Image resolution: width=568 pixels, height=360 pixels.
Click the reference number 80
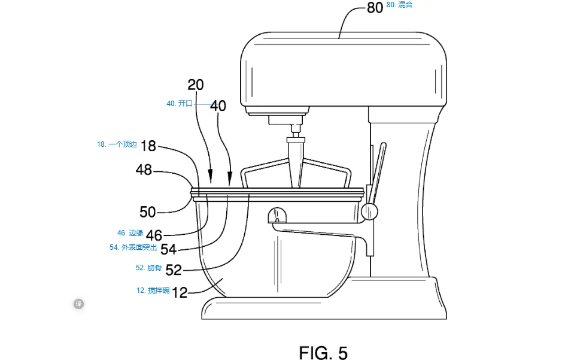375,8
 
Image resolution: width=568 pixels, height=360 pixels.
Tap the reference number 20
196,85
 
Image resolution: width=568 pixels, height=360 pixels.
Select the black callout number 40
218,106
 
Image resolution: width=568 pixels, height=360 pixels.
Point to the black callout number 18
148,146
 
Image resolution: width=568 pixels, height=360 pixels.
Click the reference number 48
144,170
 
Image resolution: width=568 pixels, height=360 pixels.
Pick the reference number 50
147,212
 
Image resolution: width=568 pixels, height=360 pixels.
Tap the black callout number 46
154,235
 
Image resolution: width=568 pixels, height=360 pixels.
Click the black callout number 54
168,249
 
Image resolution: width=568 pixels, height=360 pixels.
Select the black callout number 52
174,270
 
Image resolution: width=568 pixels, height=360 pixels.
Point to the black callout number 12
180,292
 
